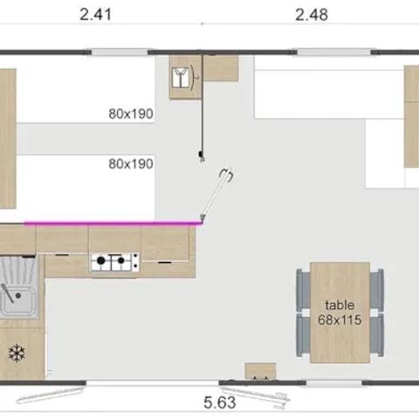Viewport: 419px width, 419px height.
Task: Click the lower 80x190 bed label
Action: coord(131,163)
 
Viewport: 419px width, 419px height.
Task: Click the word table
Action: coord(340,305)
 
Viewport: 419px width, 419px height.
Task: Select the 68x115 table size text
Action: coord(340,320)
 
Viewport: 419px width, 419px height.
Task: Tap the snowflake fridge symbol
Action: coord(15,354)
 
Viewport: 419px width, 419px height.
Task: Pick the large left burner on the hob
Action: coord(101,260)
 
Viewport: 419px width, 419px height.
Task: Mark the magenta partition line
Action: coord(113,223)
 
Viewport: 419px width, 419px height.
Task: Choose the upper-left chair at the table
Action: coord(303,288)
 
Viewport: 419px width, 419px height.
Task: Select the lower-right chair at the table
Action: coord(377,334)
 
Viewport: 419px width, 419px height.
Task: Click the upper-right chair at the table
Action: coord(377,288)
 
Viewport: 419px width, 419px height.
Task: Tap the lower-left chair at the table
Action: coord(303,334)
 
